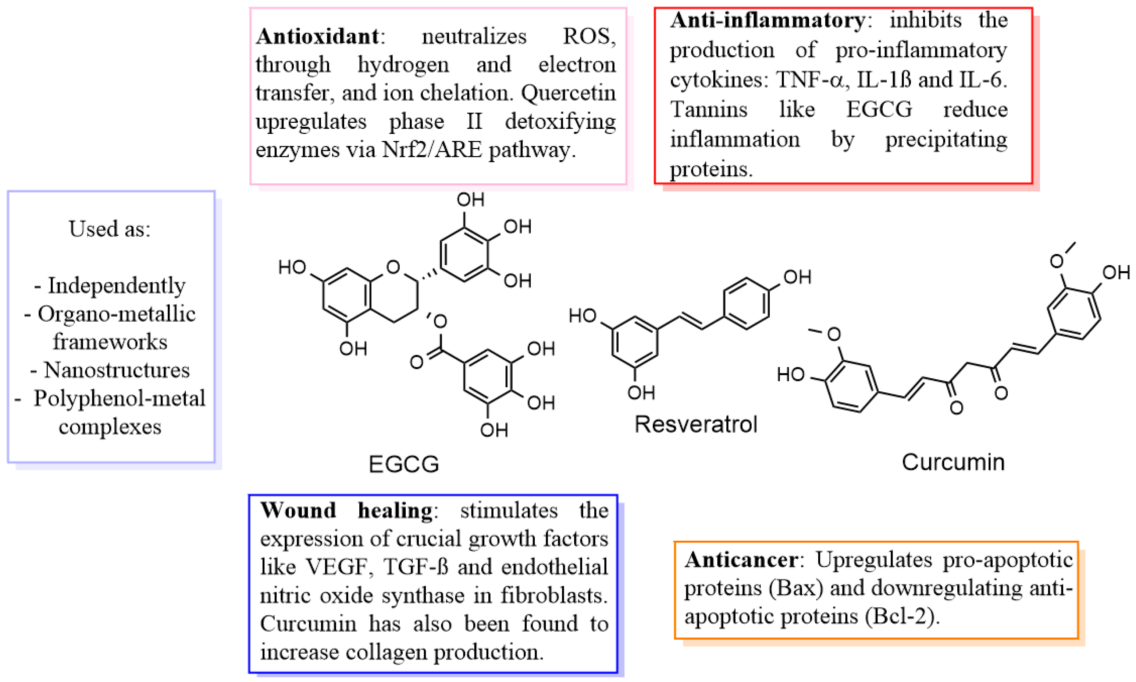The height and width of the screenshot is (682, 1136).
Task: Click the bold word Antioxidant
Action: pos(317,36)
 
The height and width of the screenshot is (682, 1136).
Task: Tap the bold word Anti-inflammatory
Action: pos(767,20)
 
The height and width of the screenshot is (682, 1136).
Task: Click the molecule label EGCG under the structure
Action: pos(404,464)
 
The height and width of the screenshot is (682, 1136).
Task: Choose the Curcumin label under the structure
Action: pos(953,462)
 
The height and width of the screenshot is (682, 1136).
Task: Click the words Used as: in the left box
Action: pos(110,229)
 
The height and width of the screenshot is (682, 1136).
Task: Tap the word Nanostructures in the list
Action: pos(117,370)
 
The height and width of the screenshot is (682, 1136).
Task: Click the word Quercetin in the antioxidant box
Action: pos(568,93)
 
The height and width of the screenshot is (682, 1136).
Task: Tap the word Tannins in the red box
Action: pos(709,109)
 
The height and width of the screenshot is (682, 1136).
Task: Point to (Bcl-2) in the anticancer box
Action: pos(902,616)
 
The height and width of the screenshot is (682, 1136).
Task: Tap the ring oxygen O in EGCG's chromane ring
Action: pos(393,267)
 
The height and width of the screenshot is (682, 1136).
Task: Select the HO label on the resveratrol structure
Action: pos(582,316)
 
